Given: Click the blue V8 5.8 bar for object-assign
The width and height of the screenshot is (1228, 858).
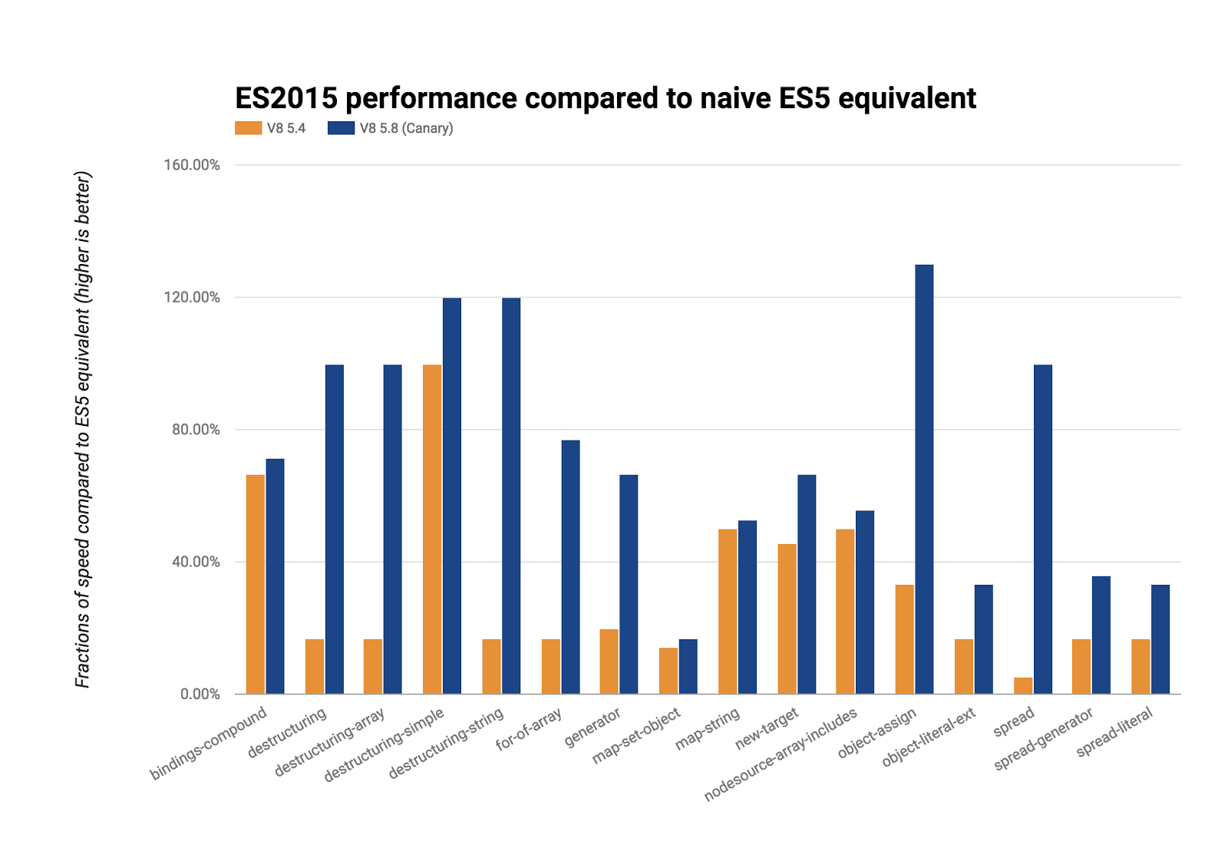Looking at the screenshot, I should click(924, 479).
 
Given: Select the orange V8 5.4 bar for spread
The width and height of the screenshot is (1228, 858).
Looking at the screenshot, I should click(1022, 685).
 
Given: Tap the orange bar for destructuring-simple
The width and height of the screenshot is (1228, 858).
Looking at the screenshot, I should click(432, 529).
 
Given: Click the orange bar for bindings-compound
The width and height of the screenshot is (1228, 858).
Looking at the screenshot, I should click(256, 584).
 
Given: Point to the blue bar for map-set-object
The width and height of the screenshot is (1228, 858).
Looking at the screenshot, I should click(688, 666).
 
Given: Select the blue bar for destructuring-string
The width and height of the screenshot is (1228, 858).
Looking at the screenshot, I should click(511, 496).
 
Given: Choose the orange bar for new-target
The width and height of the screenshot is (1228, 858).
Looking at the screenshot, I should click(787, 619).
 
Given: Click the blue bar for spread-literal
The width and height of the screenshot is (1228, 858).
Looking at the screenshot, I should click(1160, 639).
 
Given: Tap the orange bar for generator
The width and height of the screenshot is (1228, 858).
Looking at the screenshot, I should click(609, 661).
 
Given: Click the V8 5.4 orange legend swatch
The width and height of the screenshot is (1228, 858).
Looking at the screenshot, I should click(249, 128).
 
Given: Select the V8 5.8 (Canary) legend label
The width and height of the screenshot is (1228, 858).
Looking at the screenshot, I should click(406, 128).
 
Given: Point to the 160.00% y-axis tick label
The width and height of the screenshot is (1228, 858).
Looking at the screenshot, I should click(192, 165).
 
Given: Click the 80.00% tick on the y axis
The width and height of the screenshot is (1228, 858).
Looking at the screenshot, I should click(196, 430).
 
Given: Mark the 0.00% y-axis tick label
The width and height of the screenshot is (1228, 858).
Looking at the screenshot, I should click(200, 694).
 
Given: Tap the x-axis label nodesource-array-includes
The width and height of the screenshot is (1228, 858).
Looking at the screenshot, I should click(781, 755).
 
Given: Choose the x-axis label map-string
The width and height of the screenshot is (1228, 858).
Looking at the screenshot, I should click(708, 729).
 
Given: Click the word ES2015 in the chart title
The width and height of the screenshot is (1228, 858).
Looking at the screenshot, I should click(286, 98).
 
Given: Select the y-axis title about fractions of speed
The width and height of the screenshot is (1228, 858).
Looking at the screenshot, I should click(83, 430).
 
